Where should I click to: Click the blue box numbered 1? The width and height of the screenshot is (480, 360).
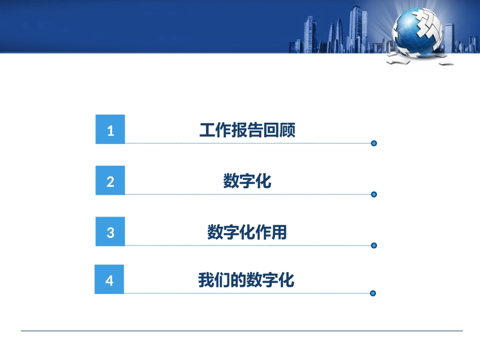(110, 129)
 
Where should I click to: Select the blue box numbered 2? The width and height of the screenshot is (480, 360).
(110, 180)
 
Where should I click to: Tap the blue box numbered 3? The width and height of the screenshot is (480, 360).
(110, 232)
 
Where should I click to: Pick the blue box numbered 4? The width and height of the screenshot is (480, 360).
(109, 279)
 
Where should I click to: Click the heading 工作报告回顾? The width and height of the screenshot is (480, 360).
(247, 130)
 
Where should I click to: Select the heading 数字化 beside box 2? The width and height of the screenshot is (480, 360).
(247, 181)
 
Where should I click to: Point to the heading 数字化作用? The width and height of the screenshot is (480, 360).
(247, 232)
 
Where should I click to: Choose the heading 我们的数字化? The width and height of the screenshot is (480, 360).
(246, 280)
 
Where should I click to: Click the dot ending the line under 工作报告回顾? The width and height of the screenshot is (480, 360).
(374, 143)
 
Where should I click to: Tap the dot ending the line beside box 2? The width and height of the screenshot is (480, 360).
(374, 194)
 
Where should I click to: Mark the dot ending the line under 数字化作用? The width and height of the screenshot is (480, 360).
(374, 245)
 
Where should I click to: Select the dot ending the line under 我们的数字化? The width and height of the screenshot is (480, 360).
(373, 293)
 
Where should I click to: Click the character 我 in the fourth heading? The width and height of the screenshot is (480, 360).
(206, 280)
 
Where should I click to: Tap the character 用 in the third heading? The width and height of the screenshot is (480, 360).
(279, 232)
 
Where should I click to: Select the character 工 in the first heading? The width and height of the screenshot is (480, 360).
(207, 130)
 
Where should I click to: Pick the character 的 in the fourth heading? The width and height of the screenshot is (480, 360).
(238, 280)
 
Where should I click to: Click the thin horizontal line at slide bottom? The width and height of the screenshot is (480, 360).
(242, 331)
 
